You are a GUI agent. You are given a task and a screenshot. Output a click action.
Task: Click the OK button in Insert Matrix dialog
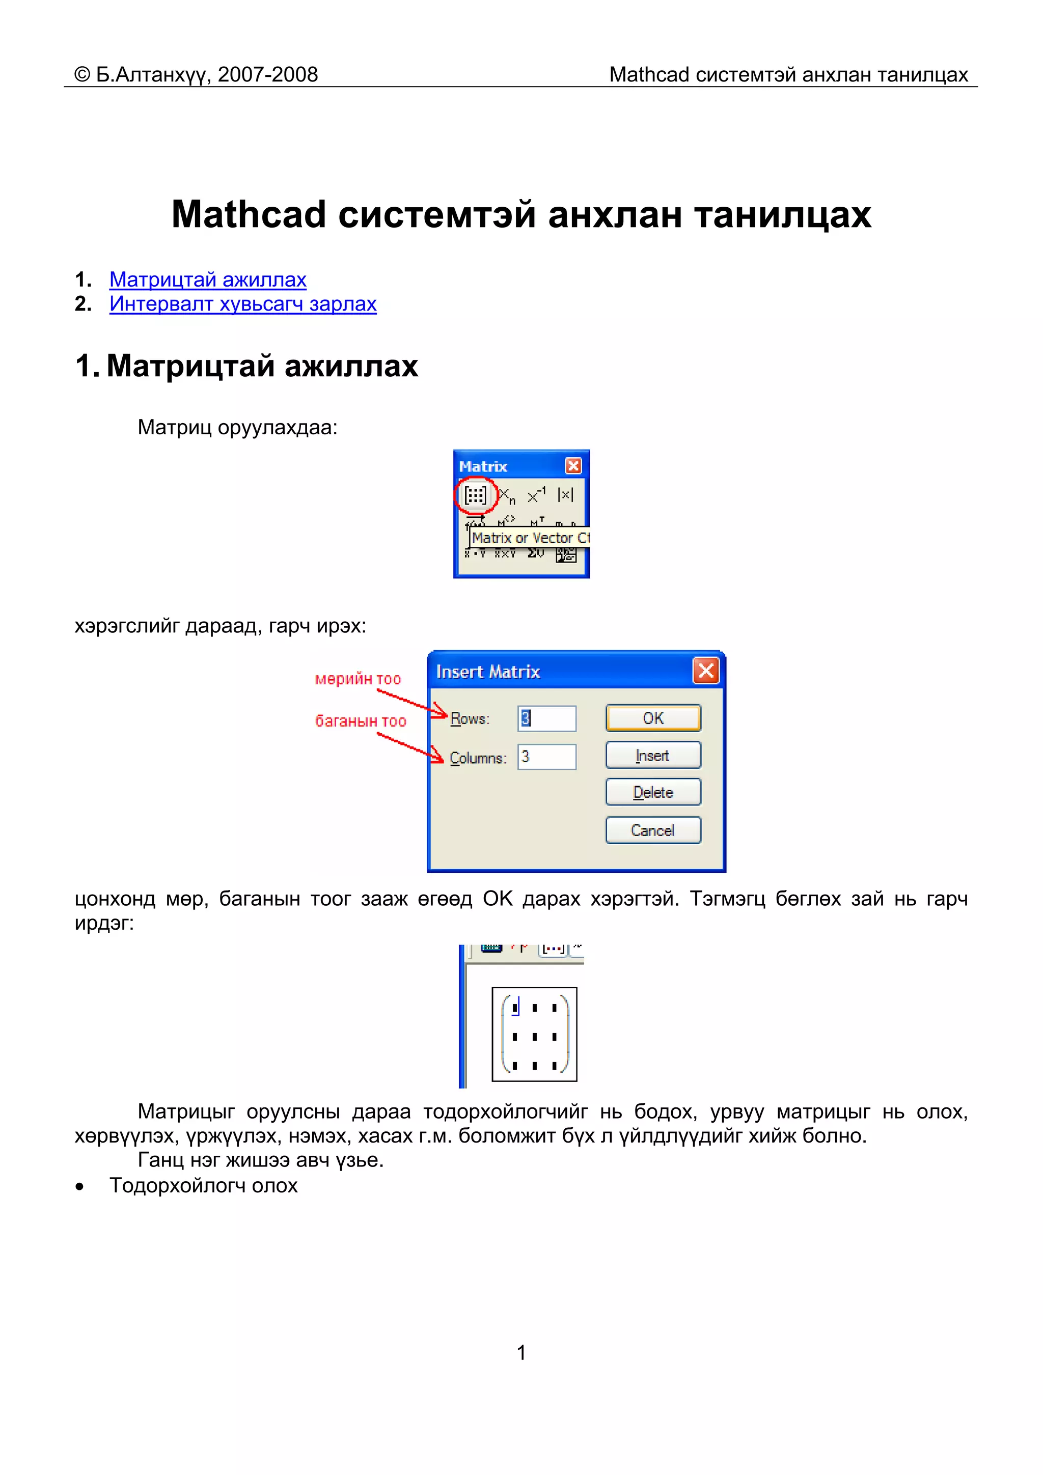pyautogui.click(x=652, y=718)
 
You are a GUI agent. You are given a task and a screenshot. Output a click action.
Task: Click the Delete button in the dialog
pyautogui.click(x=652, y=792)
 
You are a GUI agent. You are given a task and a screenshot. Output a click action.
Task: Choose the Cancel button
pyautogui.click(x=652, y=830)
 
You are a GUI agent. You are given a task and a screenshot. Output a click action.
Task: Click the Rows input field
pyautogui.click(x=547, y=718)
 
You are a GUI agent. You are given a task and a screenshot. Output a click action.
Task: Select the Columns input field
pyautogui.click(x=547, y=757)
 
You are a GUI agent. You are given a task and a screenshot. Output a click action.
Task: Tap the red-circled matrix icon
pyautogui.click(x=476, y=495)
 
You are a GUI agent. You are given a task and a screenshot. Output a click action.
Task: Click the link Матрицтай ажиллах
pyautogui.click(x=208, y=280)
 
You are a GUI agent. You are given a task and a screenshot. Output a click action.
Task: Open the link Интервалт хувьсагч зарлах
pyautogui.click(x=242, y=304)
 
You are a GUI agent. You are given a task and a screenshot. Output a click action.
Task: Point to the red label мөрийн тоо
pyautogui.click(x=358, y=679)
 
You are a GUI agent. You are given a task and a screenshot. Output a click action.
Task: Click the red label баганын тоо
pyautogui.click(x=361, y=721)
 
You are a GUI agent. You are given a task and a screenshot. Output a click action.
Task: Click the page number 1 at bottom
pyautogui.click(x=521, y=1353)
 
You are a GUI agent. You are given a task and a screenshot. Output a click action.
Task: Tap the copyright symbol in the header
pyautogui.click(x=83, y=74)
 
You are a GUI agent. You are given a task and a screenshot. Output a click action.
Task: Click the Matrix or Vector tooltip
pyautogui.click(x=530, y=538)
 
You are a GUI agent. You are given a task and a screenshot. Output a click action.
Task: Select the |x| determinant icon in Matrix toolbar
pyautogui.click(x=565, y=495)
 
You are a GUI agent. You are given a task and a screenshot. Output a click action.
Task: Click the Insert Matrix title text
pyautogui.click(x=488, y=672)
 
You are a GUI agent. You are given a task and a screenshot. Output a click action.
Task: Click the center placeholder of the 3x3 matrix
pyautogui.click(x=534, y=1037)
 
